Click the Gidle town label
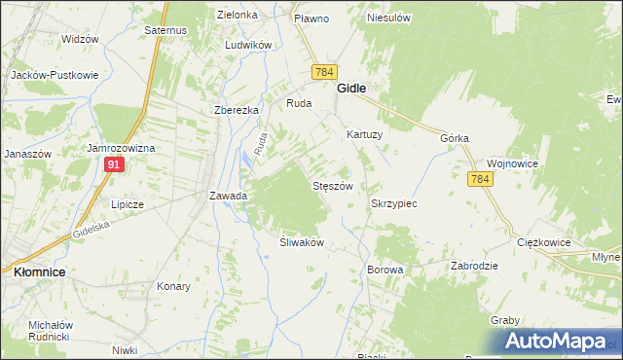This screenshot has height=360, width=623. (x=351, y=88)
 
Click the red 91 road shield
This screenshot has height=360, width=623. (x=114, y=165)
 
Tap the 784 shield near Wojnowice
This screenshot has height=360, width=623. (x=479, y=179)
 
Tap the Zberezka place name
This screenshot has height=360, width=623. (x=237, y=110)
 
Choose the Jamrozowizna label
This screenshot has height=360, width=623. (x=121, y=148)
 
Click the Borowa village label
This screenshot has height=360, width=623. (x=385, y=269)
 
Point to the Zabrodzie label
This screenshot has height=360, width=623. (x=474, y=266)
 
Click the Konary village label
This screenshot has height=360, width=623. (x=173, y=287)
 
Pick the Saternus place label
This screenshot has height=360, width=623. (x=165, y=31)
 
